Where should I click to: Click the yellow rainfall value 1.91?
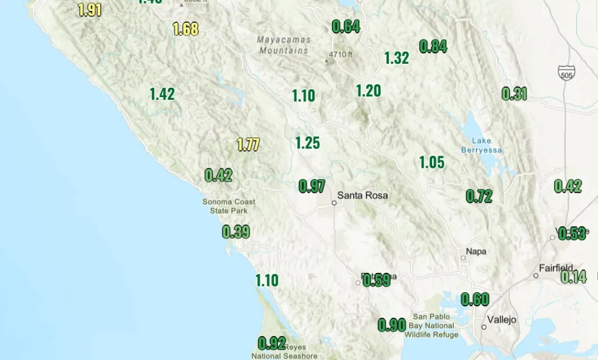click(89, 10)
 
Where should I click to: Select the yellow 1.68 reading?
click(186, 29)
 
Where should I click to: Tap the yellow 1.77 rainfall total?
click(248, 144)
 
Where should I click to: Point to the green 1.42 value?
click(162, 94)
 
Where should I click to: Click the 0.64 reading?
click(346, 26)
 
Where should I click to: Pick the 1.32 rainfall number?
click(397, 58)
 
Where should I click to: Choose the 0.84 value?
click(433, 47)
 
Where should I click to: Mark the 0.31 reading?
click(514, 94)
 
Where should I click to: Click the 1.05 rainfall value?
click(432, 162)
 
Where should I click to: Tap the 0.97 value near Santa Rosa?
click(312, 186)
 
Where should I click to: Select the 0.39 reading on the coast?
click(236, 232)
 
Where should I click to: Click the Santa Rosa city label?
click(363, 195)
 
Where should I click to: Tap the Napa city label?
click(476, 251)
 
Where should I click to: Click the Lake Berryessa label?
click(482, 146)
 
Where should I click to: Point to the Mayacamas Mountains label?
click(284, 45)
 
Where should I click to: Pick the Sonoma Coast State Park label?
click(229, 206)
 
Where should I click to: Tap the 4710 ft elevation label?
click(341, 55)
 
